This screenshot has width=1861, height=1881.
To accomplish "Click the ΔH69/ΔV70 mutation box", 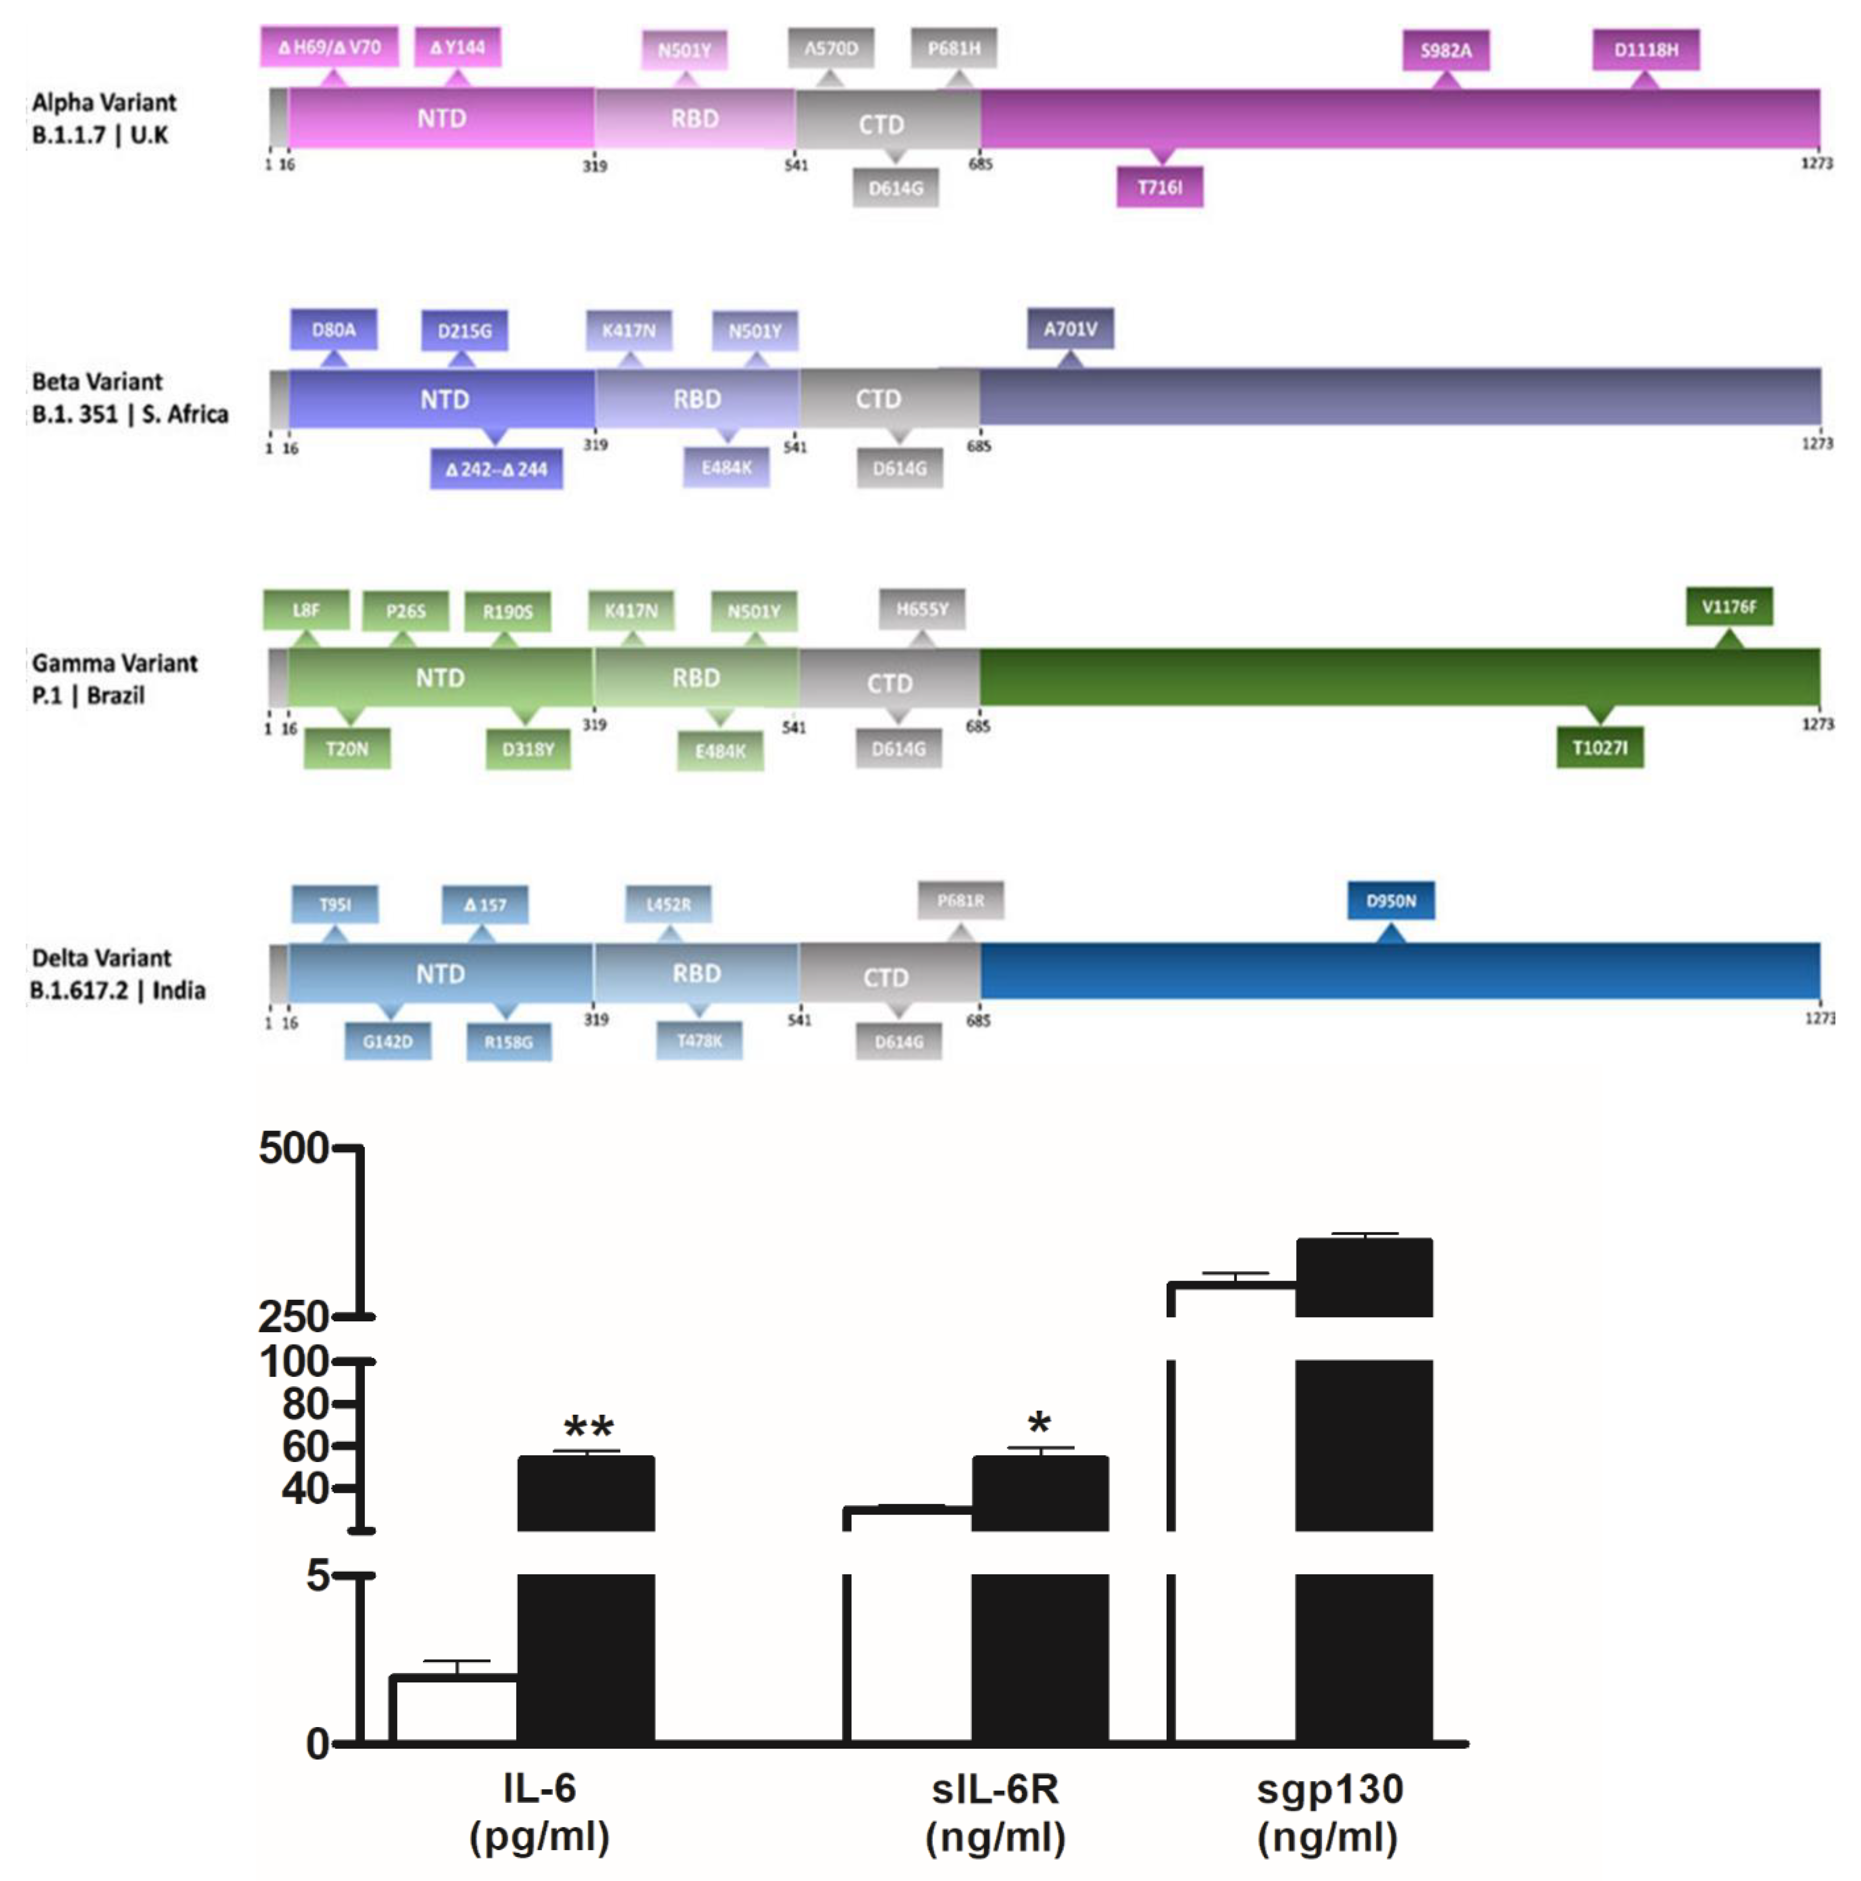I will (x=329, y=47).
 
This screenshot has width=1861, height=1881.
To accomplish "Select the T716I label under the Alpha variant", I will (x=1159, y=187).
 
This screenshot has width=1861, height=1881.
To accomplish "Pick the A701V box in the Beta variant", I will (x=1070, y=329).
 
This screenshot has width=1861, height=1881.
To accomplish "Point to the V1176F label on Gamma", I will (x=1729, y=606).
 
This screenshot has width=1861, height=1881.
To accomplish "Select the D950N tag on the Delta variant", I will (x=1391, y=900).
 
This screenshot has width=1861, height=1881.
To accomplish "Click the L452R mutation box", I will (x=668, y=904).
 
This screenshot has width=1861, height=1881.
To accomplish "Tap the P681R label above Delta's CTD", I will (x=960, y=900).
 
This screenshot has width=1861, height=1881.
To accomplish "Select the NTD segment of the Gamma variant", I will (x=440, y=678).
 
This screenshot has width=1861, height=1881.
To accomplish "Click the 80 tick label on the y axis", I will (x=305, y=1404).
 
